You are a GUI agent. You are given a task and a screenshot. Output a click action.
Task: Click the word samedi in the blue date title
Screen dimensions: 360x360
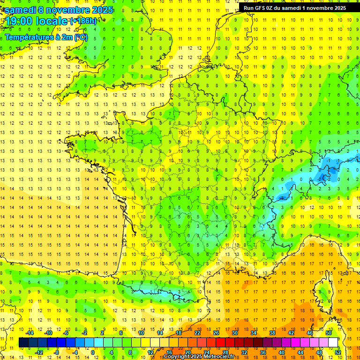click(x=21, y=10)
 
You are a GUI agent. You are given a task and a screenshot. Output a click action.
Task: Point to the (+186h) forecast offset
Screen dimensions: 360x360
click(x=83, y=21)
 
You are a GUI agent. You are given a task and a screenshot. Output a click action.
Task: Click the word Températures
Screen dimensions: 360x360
click(x=29, y=37)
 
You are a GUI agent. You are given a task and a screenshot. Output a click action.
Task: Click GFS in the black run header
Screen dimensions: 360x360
click(x=261, y=7)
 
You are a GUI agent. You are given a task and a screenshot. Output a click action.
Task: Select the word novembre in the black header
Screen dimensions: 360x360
click(x=319, y=7)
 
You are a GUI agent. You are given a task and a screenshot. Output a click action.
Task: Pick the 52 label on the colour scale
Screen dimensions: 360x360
click(x=338, y=352)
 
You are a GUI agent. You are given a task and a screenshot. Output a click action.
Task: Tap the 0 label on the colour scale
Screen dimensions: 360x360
click(x=93, y=352)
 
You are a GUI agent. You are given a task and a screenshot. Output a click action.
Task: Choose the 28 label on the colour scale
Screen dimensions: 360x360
click(x=225, y=352)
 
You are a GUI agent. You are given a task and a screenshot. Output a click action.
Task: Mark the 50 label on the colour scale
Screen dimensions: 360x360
click(x=329, y=333)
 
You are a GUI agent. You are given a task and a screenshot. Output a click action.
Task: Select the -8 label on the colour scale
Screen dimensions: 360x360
click(x=57, y=352)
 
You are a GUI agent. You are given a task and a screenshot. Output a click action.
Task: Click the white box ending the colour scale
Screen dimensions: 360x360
click(x=333, y=342)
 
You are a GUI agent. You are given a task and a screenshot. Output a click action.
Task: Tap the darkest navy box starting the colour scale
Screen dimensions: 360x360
click(x=23, y=342)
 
